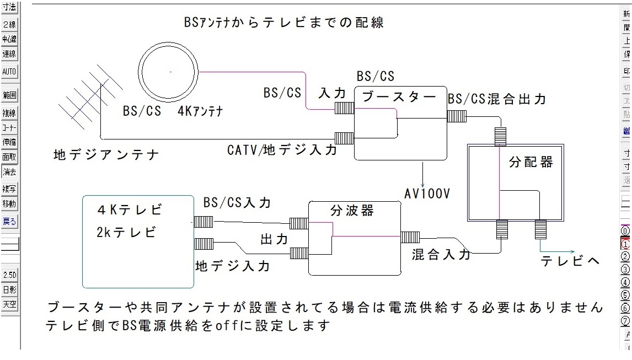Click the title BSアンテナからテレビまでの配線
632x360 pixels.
284,23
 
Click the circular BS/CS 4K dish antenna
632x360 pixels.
170,72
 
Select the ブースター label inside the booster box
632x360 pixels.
399,97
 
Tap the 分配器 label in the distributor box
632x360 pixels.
531,163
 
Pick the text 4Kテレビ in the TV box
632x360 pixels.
130,210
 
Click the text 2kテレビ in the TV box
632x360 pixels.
125,232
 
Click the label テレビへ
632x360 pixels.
570,261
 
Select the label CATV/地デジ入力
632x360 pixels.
282,149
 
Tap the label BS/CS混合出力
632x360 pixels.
497,99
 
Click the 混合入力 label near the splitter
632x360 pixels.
441,254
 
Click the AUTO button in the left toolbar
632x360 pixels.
9,72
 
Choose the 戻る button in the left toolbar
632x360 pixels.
9,222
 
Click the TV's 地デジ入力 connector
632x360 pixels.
203,243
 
